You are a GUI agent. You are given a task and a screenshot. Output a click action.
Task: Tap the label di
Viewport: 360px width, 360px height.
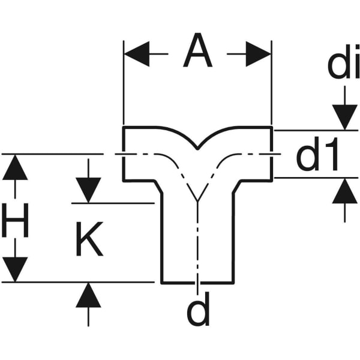click(x=344, y=67)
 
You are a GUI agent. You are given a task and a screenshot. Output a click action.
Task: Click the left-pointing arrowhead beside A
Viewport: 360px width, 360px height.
click(x=136, y=54)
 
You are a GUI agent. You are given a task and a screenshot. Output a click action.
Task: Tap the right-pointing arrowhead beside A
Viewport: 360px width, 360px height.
click(x=258, y=54)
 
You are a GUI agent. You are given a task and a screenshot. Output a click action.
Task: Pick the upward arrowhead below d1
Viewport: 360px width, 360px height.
click(x=344, y=191)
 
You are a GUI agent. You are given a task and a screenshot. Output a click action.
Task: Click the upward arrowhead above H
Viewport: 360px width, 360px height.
click(x=15, y=167)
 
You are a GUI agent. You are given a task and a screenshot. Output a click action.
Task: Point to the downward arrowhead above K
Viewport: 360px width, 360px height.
click(x=89, y=190)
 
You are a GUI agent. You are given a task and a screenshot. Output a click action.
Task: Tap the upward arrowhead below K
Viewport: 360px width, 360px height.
click(x=89, y=295)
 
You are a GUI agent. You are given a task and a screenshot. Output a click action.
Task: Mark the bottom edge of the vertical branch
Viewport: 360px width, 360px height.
click(x=197, y=281)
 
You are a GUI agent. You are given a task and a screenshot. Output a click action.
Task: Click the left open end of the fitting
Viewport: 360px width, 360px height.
click(x=123, y=154)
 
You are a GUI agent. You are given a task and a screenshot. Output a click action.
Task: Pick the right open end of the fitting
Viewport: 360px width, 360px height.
click(x=272, y=153)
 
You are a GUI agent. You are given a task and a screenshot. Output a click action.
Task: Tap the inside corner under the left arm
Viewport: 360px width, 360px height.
click(x=163, y=180)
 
